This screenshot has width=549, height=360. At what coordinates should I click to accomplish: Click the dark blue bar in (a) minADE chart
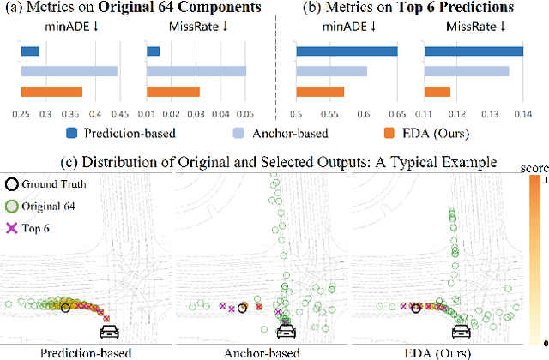30,51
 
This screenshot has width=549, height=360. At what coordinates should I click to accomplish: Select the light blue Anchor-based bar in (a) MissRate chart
196,71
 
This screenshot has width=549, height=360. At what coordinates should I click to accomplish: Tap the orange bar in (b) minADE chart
320,92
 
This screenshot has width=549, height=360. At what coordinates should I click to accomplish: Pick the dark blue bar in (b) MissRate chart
474,51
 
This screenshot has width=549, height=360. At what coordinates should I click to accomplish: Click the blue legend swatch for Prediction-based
73,133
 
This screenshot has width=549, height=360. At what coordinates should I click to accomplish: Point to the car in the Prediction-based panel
110,330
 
